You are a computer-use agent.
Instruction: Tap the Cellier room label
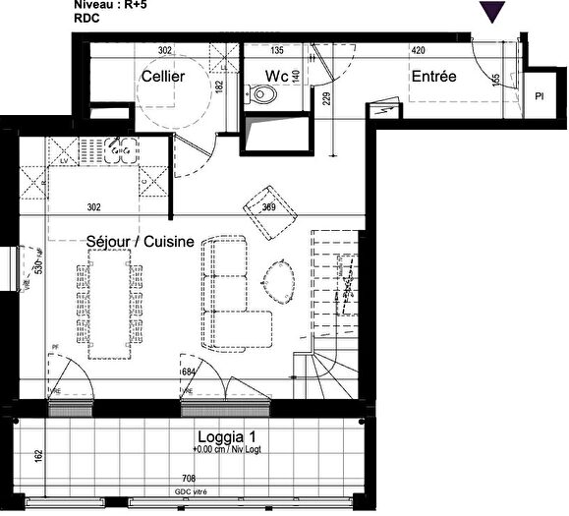162,76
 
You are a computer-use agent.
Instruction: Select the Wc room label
274,76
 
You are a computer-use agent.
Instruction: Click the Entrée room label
433,76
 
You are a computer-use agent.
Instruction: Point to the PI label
540,97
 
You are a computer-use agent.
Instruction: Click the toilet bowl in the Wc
261,96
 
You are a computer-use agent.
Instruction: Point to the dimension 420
418,49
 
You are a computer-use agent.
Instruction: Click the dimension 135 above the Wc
277,49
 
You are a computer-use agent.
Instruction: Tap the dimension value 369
269,207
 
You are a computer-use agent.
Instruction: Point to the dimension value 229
327,97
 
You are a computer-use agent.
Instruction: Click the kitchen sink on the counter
125,152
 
